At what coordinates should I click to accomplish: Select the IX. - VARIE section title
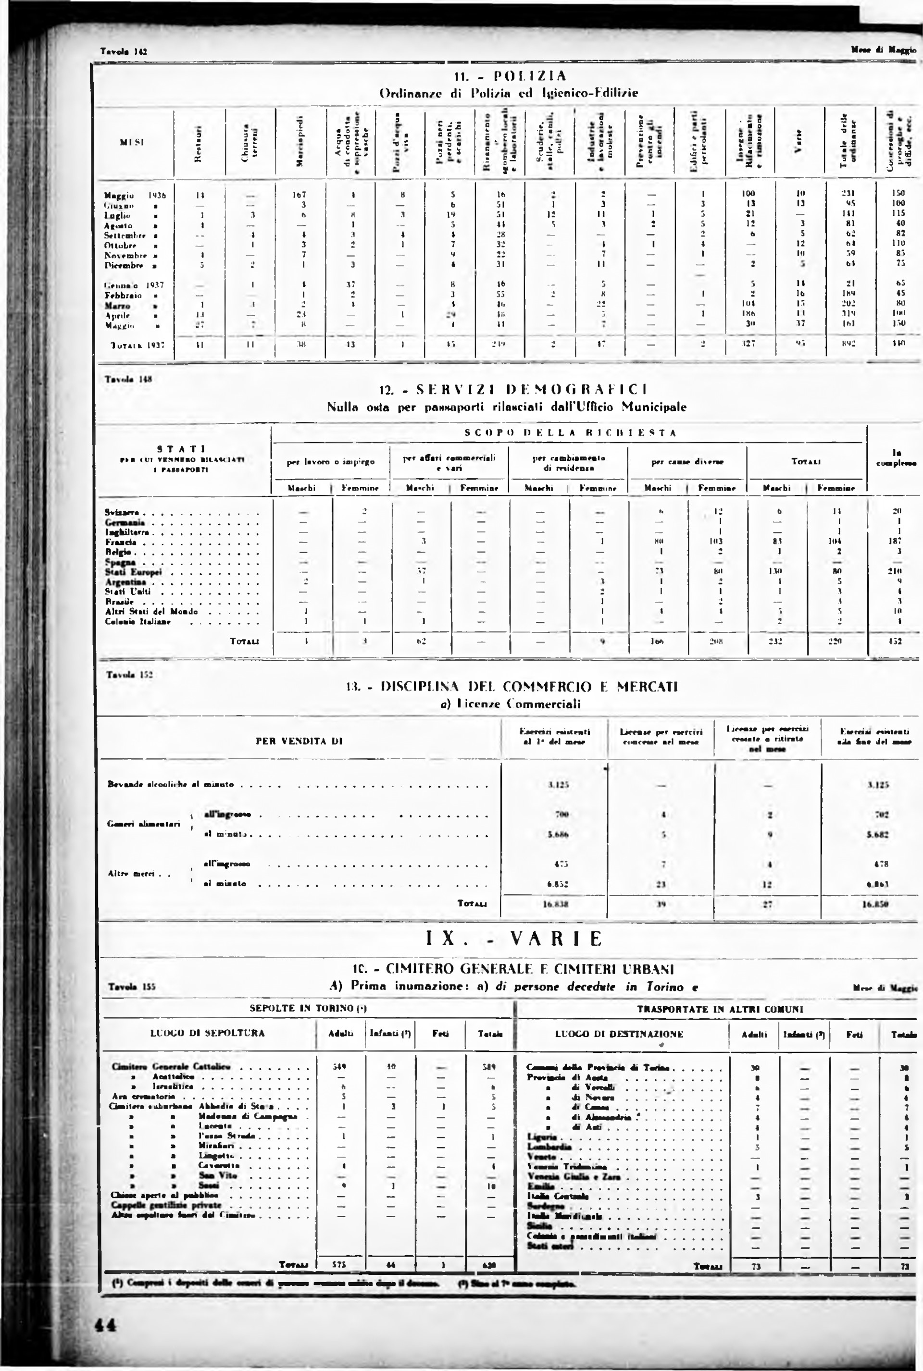point(514,939)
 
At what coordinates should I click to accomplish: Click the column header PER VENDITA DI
point(299,741)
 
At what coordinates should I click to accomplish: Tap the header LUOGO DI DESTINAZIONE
point(619,1034)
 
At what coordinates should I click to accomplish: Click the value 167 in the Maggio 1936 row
point(299,194)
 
